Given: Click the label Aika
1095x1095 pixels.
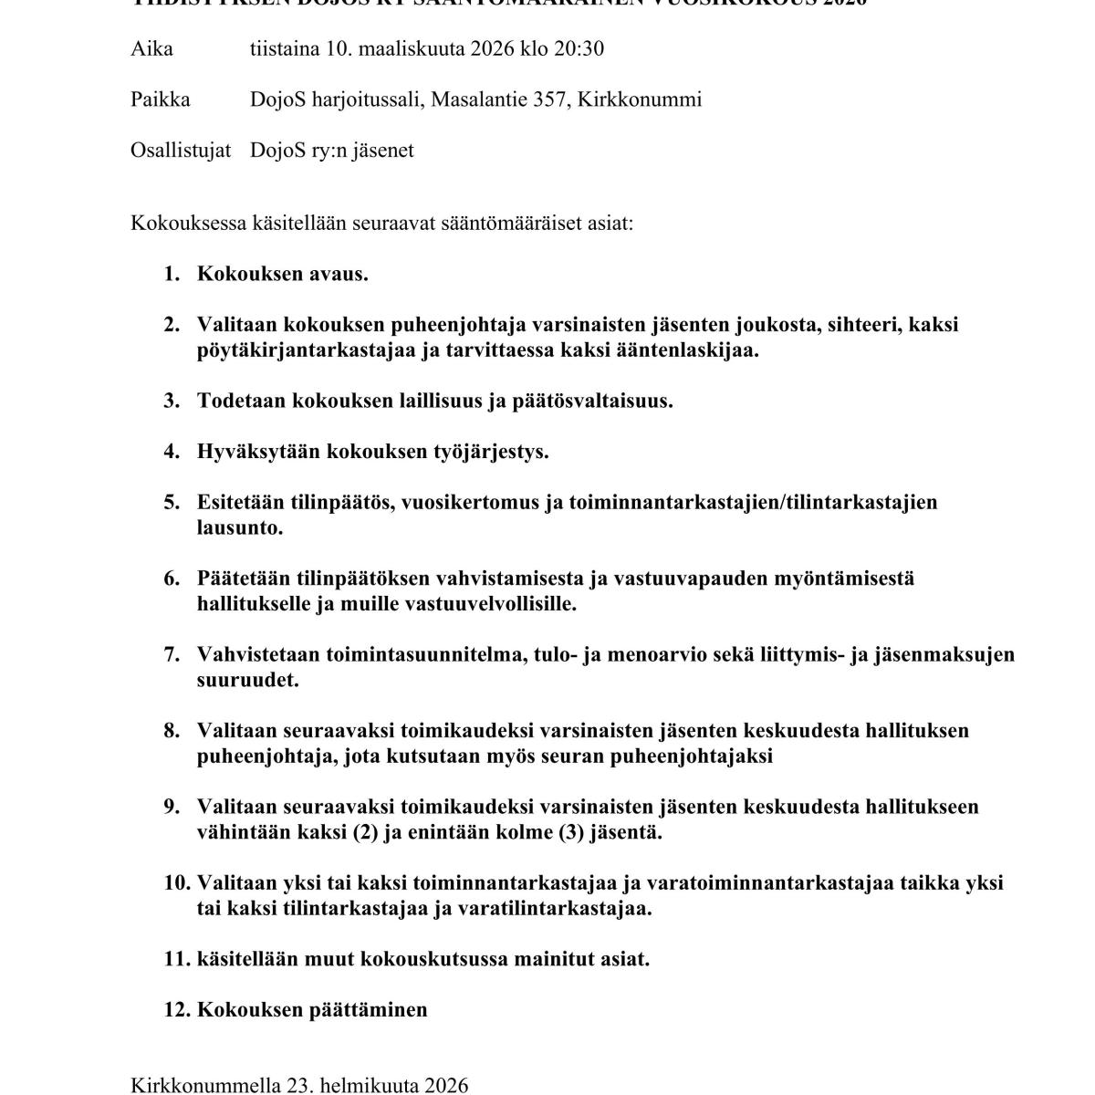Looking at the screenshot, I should (x=151, y=48).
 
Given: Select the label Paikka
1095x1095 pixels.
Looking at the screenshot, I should (x=160, y=99).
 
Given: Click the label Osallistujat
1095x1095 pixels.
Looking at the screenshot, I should (x=180, y=151).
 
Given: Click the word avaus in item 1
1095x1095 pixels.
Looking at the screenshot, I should (x=339, y=274).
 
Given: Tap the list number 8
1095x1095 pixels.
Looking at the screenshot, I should (x=172, y=731).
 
